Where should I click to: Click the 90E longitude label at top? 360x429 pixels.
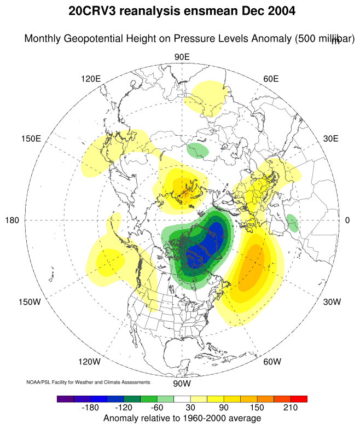(x=182, y=57)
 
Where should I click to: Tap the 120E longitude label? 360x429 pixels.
(x=91, y=79)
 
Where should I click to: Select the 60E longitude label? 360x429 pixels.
(x=271, y=79)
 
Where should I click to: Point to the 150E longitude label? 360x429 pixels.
(x=31, y=138)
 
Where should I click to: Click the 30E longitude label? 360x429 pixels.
(x=331, y=138)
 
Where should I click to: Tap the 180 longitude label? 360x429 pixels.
(x=13, y=221)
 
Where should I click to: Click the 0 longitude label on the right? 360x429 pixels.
(x=347, y=221)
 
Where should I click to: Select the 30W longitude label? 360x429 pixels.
(x=332, y=302)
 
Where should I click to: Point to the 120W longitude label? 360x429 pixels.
(x=89, y=362)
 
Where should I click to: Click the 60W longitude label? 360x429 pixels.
(x=271, y=362)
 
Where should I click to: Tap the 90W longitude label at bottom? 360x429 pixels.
(x=182, y=382)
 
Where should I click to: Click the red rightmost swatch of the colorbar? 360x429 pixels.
(x=299, y=399)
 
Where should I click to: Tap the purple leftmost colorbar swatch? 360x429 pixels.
(x=65, y=399)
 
